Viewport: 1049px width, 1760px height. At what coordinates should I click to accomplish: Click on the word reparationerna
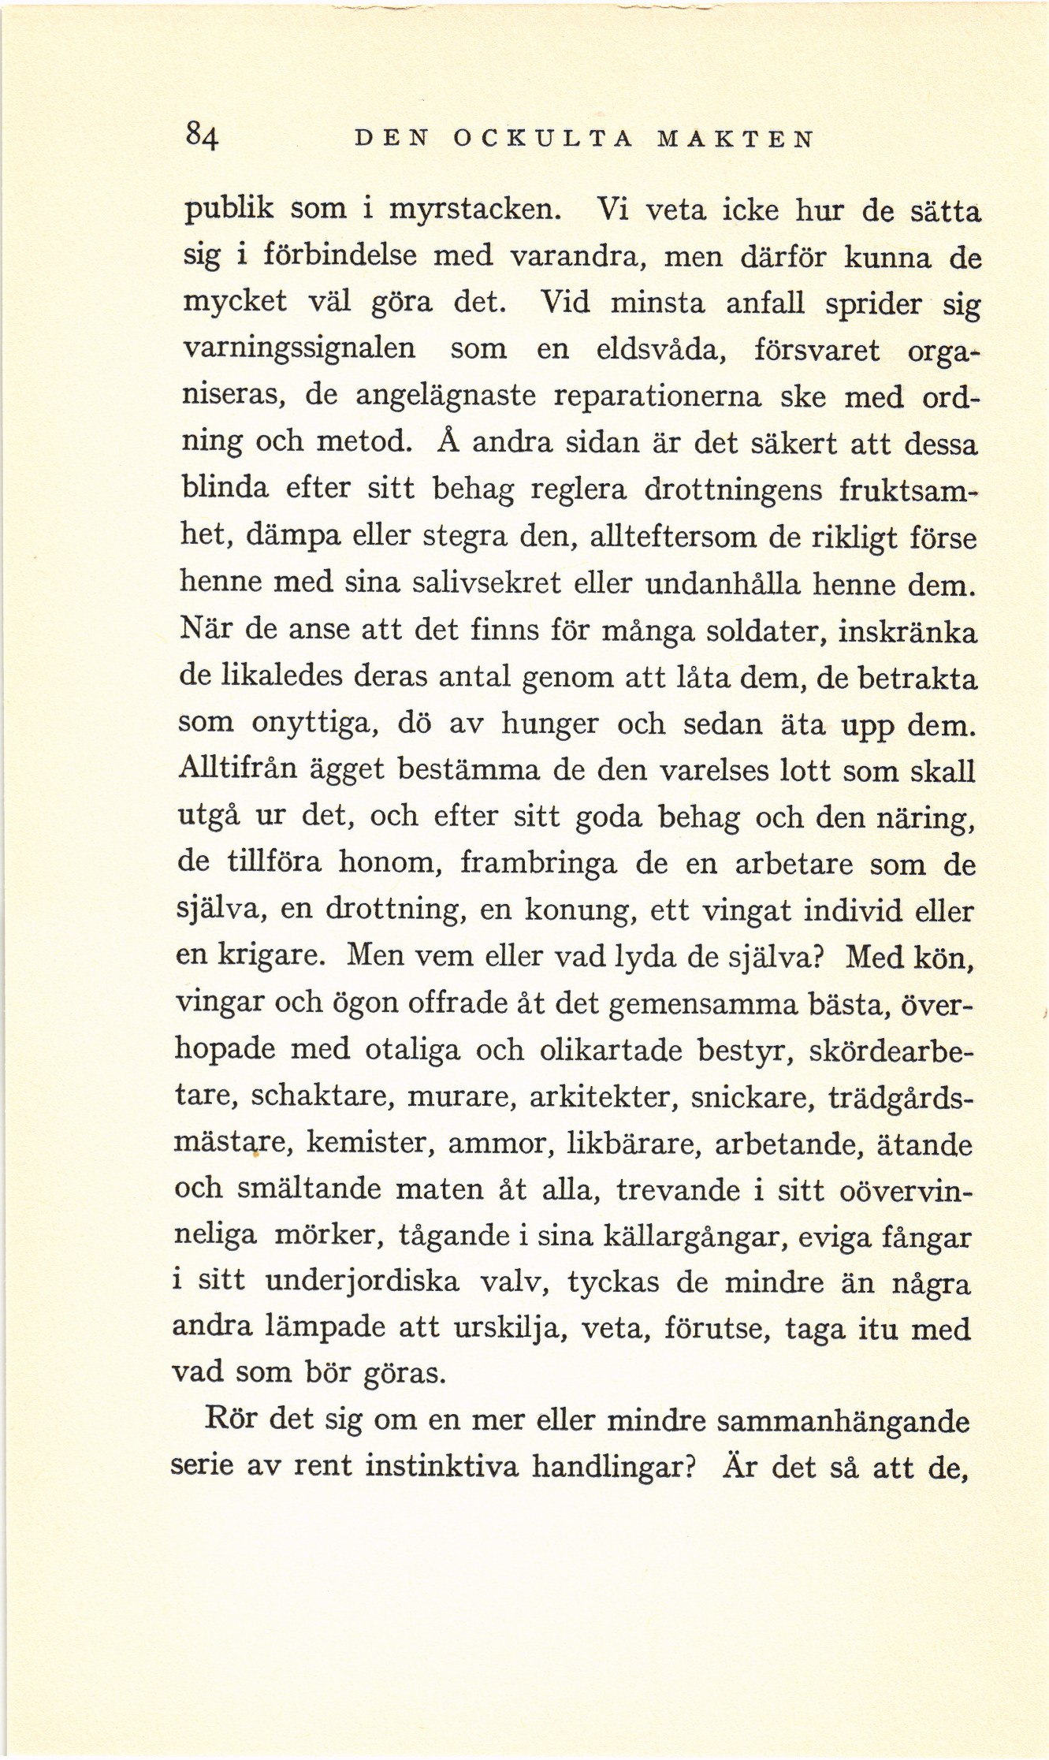[x=657, y=396]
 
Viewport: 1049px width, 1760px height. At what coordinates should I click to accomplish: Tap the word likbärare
[x=628, y=1144]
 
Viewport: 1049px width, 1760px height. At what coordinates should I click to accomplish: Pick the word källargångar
[x=696, y=1236]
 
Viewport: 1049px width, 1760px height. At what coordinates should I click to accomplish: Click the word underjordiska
[x=362, y=1282]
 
